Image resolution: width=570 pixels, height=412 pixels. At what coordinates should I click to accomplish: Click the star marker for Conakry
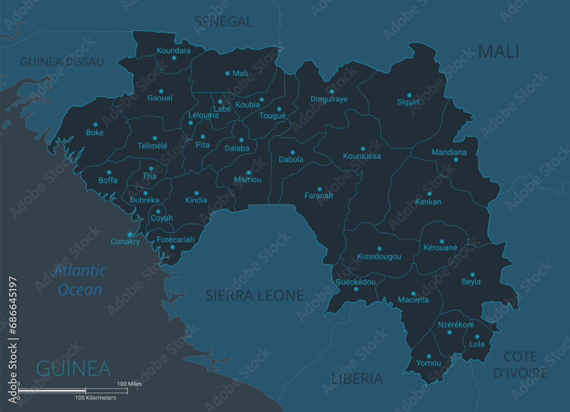[x=130, y=234]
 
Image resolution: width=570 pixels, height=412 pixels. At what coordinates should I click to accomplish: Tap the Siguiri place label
[x=408, y=103]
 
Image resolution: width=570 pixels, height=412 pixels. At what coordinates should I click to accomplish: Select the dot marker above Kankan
[x=429, y=194]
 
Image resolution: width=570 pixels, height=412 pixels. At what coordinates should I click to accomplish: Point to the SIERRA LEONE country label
[x=254, y=295]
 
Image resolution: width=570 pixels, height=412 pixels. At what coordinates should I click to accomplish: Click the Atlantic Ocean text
[x=80, y=280]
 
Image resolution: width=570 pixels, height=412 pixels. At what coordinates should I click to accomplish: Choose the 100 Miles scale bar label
[x=129, y=384]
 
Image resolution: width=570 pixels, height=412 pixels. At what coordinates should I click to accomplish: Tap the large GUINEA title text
[x=73, y=368]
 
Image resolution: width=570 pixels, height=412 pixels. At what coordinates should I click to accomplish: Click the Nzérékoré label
[x=455, y=325]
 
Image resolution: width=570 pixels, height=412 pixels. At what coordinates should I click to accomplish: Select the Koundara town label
[x=173, y=50]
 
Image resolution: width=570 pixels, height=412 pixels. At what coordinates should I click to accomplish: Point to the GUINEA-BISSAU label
[x=62, y=62]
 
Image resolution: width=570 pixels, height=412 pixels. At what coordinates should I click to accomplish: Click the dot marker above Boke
[x=95, y=124]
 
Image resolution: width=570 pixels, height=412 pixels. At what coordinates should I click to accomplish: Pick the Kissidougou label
[x=379, y=257]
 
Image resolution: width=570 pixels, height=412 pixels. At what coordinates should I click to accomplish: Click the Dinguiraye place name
[x=329, y=99]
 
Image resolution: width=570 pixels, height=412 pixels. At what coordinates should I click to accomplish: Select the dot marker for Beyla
[x=472, y=274]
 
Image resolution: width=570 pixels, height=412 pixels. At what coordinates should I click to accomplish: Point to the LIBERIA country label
[x=357, y=378]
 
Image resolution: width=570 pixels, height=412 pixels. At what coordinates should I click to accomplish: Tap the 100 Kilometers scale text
[x=96, y=398]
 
